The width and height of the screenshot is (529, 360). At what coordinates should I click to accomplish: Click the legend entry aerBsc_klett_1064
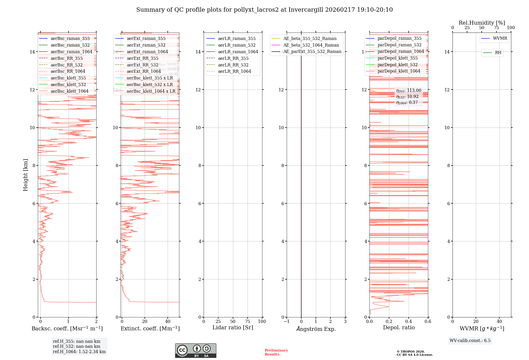(69, 91)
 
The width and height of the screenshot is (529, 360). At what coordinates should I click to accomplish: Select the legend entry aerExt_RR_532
(142, 65)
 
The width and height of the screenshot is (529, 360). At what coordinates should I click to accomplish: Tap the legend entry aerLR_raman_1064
(238, 52)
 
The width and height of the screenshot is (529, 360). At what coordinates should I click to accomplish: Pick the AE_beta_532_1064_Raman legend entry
(311, 45)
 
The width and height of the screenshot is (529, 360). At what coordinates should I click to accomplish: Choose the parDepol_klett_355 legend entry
(397, 58)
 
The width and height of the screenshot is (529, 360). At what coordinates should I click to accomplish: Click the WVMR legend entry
(500, 38)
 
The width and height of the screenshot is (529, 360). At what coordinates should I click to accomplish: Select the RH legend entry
(498, 53)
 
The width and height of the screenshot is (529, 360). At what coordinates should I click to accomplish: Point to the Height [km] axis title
(25, 175)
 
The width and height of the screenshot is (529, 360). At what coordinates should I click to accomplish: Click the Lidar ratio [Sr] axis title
(232, 327)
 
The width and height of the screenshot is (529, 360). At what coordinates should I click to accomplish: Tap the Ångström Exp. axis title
(316, 329)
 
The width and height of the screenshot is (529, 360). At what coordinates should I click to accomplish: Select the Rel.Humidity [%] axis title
(482, 23)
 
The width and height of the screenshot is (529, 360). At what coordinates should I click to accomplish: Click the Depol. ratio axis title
(399, 327)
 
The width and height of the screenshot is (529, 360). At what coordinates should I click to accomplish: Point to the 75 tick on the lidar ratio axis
(248, 321)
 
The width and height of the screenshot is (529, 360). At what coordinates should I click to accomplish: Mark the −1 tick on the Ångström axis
(286, 321)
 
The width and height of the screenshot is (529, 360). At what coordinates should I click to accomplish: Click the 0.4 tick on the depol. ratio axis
(408, 321)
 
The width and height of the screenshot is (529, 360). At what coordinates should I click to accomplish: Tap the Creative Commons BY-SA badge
(195, 350)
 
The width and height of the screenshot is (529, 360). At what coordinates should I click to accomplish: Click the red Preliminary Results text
(276, 352)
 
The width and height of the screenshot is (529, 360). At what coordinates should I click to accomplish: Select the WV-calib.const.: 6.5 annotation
(470, 340)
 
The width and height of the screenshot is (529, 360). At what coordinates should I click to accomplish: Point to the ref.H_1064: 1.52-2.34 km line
(79, 352)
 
